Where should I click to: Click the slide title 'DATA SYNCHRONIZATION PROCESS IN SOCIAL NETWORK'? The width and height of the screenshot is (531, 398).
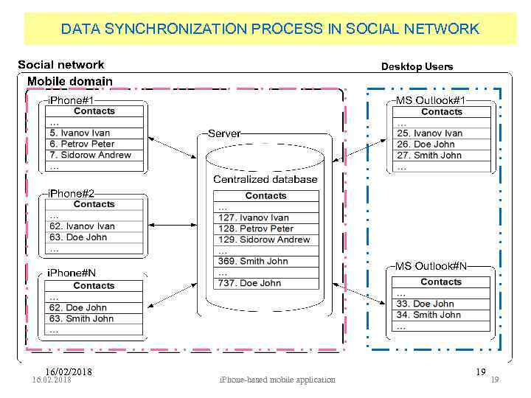click(x=270, y=29)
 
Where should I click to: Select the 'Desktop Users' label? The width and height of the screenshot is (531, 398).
click(x=417, y=66)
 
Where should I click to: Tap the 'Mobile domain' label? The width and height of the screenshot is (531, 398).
click(x=70, y=81)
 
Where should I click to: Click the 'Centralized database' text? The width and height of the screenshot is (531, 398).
click(x=265, y=179)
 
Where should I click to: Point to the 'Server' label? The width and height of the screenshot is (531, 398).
click(x=224, y=133)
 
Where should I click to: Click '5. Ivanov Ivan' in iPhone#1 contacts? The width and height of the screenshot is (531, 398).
click(x=80, y=133)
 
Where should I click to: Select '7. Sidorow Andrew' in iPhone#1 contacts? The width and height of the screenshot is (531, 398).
click(x=90, y=156)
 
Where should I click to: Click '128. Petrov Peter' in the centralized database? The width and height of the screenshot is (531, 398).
click(x=255, y=228)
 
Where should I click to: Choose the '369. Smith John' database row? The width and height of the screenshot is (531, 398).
click(x=253, y=261)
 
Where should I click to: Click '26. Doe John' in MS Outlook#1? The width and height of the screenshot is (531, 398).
click(x=426, y=144)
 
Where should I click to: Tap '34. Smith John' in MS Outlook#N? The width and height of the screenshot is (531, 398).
click(x=427, y=315)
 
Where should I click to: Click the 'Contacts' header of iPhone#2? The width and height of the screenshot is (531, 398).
click(x=94, y=204)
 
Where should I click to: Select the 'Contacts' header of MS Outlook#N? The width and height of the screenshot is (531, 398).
click(x=441, y=282)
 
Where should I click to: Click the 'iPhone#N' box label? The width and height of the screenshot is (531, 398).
click(x=72, y=273)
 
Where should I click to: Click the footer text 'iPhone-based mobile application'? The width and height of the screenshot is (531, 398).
click(x=278, y=380)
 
